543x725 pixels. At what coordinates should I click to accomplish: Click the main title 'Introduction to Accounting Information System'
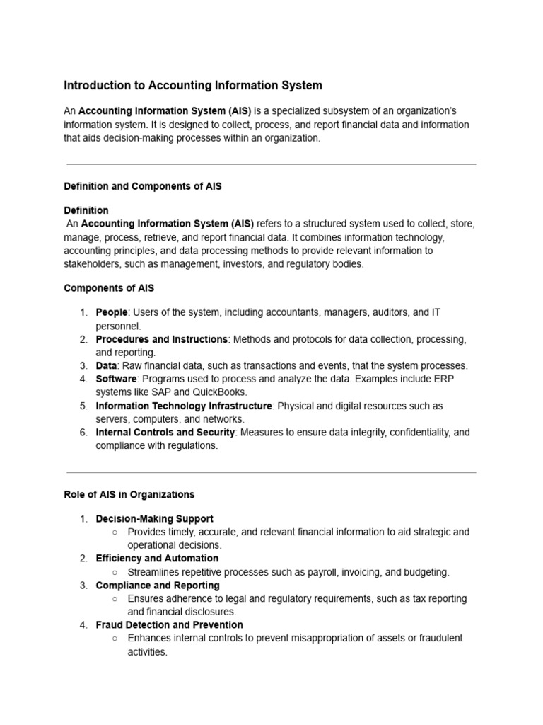(x=193, y=86)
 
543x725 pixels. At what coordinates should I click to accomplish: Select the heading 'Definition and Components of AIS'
(x=143, y=186)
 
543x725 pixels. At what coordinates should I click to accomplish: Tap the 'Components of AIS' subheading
(x=109, y=288)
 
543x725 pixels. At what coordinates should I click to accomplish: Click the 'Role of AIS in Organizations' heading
(x=129, y=494)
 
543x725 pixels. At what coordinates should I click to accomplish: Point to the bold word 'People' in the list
(x=112, y=312)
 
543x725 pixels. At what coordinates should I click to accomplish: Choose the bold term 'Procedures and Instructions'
(x=162, y=339)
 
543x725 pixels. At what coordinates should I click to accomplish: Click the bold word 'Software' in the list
(x=116, y=379)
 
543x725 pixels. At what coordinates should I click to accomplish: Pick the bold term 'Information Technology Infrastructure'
(x=184, y=406)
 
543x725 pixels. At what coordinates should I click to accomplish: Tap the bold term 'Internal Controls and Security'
(x=165, y=432)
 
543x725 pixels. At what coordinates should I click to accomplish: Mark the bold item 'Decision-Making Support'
(x=155, y=518)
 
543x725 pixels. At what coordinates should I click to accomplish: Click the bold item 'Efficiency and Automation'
(x=157, y=558)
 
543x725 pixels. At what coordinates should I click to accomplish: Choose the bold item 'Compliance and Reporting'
(x=158, y=586)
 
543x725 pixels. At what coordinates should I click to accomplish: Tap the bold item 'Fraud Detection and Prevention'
(x=170, y=625)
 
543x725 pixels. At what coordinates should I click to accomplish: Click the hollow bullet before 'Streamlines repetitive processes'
(x=115, y=572)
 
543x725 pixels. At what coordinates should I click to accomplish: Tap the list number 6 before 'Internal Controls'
(x=83, y=433)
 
